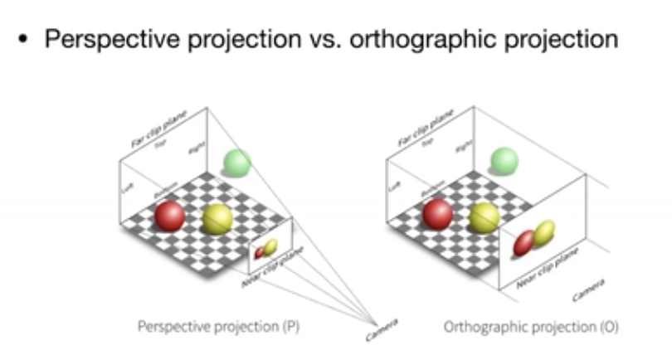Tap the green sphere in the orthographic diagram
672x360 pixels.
coord(504,160)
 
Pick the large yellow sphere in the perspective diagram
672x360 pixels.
coord(218,218)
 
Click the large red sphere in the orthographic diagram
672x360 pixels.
coord(437,214)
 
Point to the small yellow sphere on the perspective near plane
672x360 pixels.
coord(270,246)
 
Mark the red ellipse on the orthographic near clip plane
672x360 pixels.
coord(524,242)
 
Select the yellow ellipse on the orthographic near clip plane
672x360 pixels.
coord(543,233)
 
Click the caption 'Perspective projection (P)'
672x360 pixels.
coord(218,326)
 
